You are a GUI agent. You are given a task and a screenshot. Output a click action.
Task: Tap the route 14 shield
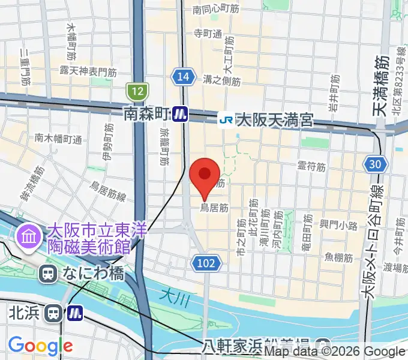(184, 76)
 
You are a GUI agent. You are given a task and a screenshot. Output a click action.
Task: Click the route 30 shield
(376, 164)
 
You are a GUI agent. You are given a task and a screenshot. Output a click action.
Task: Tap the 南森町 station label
(147, 113)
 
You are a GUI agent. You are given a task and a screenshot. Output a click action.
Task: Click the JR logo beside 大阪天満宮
(227, 120)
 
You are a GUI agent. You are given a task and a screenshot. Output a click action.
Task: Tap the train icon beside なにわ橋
(47, 274)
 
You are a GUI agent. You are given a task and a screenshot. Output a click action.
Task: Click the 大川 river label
(173, 293)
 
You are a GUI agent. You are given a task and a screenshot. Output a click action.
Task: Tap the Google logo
(40, 346)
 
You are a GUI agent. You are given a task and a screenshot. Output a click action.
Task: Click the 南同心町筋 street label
(215, 10)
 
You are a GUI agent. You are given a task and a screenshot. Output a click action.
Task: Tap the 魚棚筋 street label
(338, 257)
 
